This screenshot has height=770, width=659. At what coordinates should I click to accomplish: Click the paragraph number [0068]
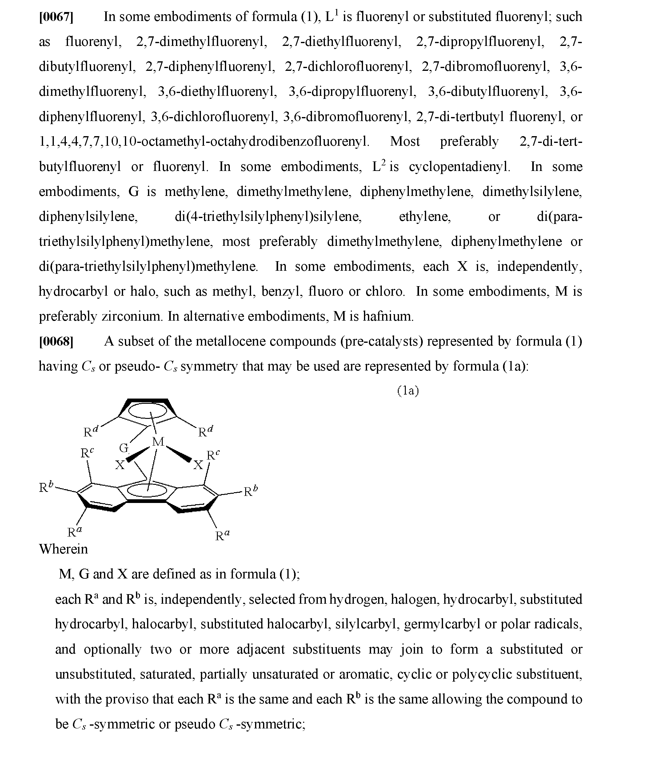[x=56, y=341]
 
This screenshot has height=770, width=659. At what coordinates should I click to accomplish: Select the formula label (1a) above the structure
[x=408, y=391]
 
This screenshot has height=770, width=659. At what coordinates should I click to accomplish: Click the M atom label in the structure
[x=158, y=442]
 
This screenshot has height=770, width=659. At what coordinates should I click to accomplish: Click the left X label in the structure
[x=120, y=465]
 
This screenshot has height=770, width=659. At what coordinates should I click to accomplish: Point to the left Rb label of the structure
[x=46, y=487]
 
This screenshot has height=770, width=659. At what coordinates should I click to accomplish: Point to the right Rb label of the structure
[x=250, y=491]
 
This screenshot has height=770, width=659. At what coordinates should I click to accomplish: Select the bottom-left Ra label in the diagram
[x=74, y=532]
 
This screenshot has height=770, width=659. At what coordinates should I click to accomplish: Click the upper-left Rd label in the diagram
[x=90, y=432]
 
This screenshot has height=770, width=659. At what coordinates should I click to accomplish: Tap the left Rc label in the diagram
[x=87, y=453]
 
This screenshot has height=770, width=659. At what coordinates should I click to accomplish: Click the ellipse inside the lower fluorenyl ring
[x=147, y=491]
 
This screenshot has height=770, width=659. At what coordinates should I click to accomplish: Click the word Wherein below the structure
[x=63, y=549]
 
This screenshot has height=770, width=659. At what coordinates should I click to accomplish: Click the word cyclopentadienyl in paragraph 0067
[x=459, y=167]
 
